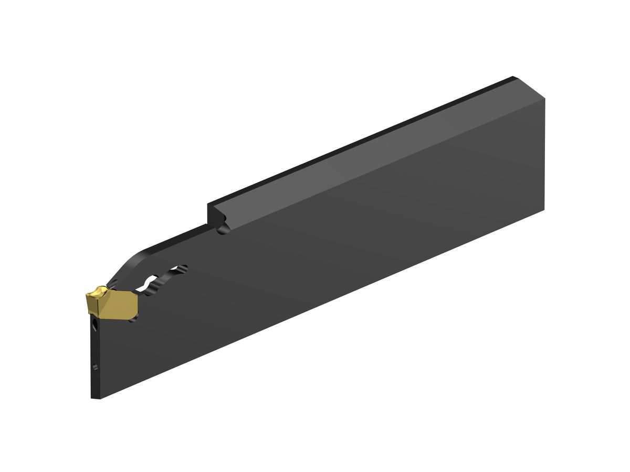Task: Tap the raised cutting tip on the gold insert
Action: (98, 290)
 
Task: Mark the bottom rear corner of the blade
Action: (543, 209)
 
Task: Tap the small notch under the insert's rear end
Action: (134, 317)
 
